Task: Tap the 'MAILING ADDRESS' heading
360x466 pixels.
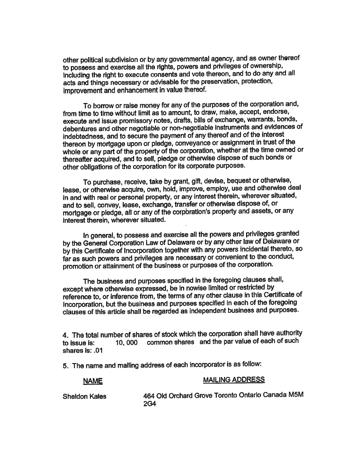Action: tap(234, 380)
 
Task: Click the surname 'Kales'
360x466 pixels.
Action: tap(97, 396)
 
